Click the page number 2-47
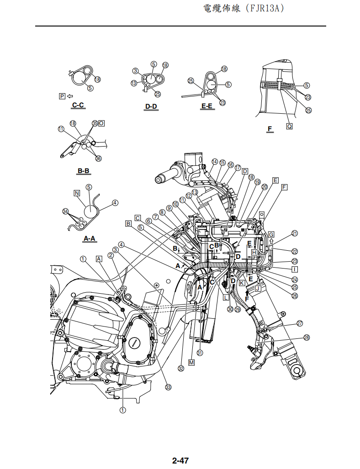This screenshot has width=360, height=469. click(x=180, y=460)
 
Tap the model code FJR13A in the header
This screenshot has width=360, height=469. click(x=266, y=9)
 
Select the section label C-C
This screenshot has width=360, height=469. click(x=78, y=105)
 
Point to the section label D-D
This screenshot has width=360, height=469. click(x=151, y=106)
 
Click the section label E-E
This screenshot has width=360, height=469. click(x=207, y=106)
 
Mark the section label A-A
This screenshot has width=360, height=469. click(x=89, y=238)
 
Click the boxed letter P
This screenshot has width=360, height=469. click(x=62, y=96)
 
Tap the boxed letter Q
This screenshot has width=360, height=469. click(x=289, y=126)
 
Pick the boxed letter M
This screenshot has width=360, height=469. click(x=191, y=362)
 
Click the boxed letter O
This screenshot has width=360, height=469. click(x=101, y=123)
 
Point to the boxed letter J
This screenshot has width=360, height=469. click(x=258, y=288)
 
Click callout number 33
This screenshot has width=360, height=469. click(x=168, y=387)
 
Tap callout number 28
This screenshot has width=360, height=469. click(x=306, y=337)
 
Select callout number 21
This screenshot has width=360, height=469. click(x=295, y=233)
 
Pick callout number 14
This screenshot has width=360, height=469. click(x=214, y=162)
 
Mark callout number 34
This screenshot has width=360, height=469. click(x=66, y=211)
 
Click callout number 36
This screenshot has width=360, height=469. click(x=98, y=158)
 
